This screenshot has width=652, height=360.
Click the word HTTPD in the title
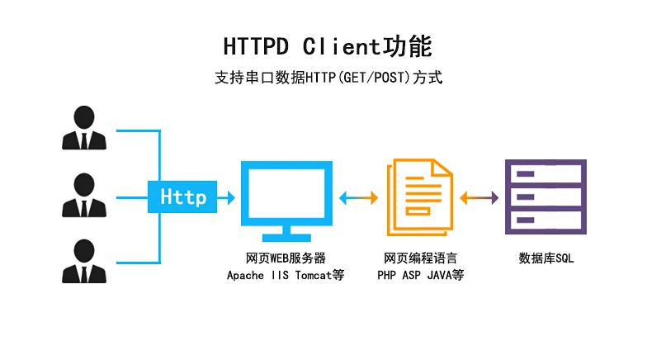point(257,46)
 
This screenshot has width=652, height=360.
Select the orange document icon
point(419,197)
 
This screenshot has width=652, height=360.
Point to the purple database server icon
point(546,197)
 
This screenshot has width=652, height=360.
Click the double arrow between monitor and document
point(358,197)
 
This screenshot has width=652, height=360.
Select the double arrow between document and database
point(480,197)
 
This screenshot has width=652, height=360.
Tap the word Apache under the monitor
point(246,275)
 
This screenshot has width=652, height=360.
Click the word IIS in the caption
point(279,275)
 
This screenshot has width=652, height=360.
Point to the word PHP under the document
point(388,275)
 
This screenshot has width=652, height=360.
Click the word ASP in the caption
point(414,275)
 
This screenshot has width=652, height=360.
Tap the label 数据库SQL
point(546,258)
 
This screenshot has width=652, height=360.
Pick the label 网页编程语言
point(420,258)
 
